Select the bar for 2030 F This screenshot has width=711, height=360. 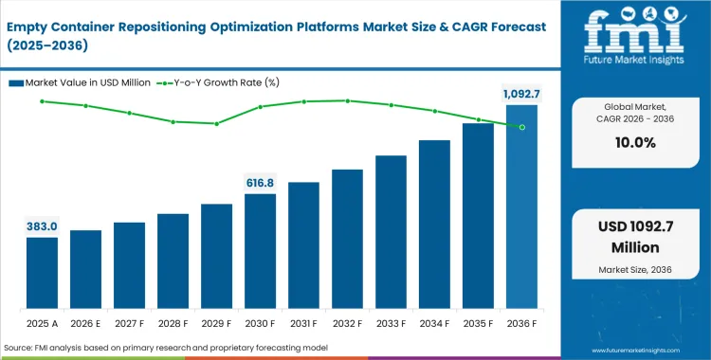click(x=260, y=251)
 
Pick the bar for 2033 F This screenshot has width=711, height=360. click(x=391, y=232)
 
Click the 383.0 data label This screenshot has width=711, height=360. click(x=42, y=226)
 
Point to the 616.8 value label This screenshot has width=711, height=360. click(x=260, y=182)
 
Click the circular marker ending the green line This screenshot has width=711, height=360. click(x=521, y=126)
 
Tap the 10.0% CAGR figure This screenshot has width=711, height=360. click(x=635, y=143)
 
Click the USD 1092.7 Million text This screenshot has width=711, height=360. click(x=635, y=238)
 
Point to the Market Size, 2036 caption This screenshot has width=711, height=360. click(x=635, y=271)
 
